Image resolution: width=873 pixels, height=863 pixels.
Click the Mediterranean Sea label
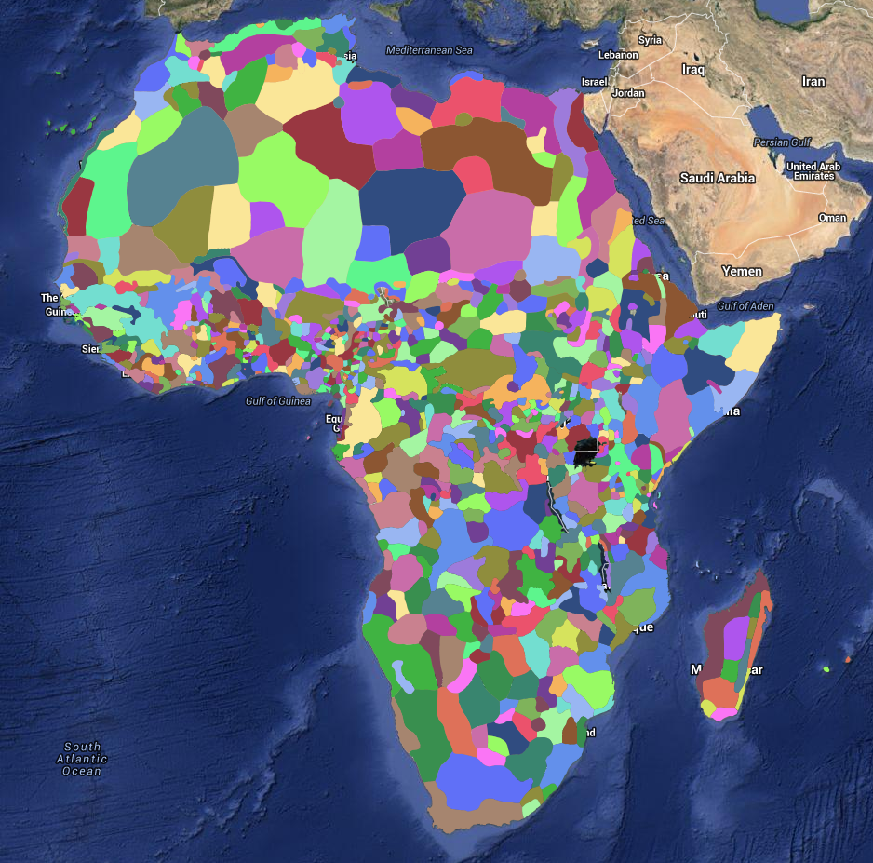[x=429, y=49]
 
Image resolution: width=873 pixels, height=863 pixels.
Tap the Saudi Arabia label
[x=717, y=178]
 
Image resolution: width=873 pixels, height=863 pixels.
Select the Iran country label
[x=813, y=82]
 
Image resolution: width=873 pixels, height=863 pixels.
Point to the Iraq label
[x=693, y=70]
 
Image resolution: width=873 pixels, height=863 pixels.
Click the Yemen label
[x=742, y=272]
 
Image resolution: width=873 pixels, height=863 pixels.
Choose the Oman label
[x=832, y=218]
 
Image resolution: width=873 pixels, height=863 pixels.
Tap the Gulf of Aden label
[x=745, y=306]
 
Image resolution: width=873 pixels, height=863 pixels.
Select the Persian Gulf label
[x=782, y=142]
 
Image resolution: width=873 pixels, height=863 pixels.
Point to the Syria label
[x=650, y=40]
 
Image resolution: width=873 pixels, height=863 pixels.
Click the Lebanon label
[x=618, y=55]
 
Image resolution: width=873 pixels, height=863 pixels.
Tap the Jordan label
[x=628, y=93]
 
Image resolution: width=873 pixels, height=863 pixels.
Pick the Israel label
[x=595, y=82]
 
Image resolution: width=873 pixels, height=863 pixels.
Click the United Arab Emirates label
[x=813, y=171]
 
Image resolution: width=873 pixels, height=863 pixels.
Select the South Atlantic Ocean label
[x=83, y=759]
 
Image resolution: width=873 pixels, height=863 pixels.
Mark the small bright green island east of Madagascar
[x=826, y=668]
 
